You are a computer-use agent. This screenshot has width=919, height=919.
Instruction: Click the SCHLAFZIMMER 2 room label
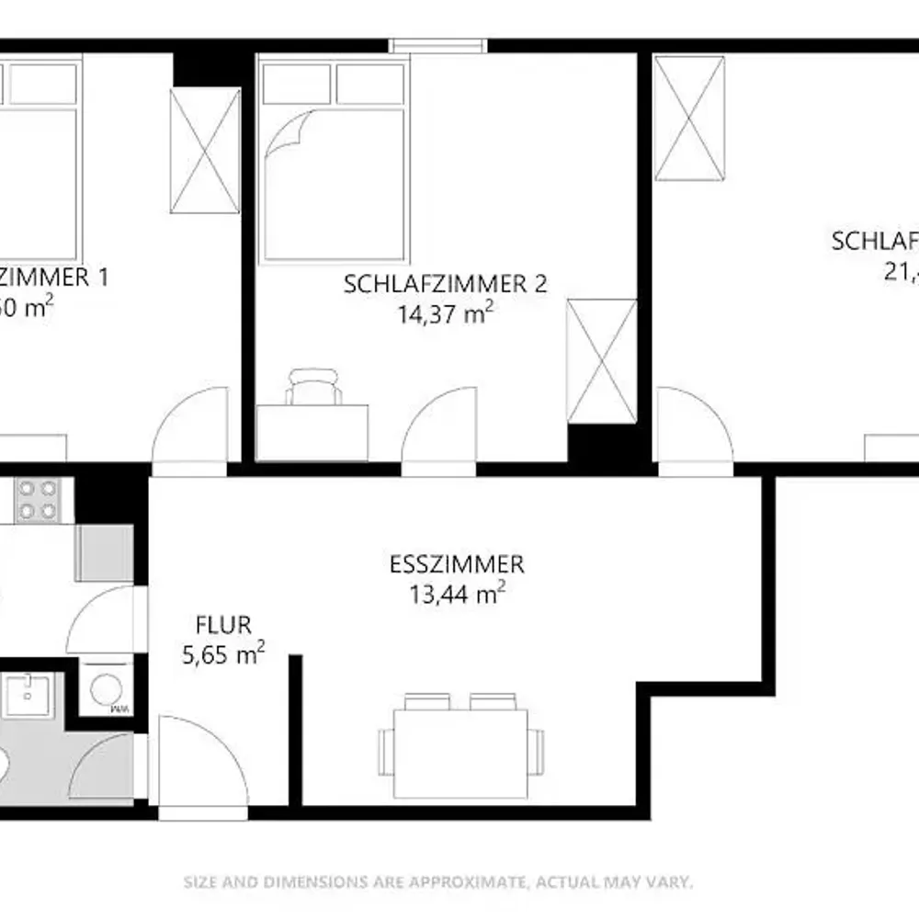tap(445, 284)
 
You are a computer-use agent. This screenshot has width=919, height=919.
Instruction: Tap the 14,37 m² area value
tap(445, 314)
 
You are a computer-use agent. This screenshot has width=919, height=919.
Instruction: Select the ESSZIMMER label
tap(457, 563)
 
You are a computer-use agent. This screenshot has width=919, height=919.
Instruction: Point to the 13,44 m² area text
tap(457, 595)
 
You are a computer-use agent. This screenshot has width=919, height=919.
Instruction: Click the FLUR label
tap(223, 627)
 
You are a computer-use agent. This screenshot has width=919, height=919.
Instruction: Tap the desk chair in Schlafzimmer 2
tap(314, 386)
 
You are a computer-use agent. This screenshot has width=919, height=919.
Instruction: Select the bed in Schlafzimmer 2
tap(333, 162)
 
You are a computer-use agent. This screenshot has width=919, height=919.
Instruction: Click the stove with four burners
tap(38, 500)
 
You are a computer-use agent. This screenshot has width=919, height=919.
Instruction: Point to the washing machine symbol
tap(107, 687)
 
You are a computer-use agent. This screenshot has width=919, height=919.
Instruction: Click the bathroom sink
tap(28, 695)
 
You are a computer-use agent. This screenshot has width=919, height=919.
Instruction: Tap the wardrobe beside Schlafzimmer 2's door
tap(602, 361)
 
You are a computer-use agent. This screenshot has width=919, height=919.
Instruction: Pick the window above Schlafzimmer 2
tap(437, 45)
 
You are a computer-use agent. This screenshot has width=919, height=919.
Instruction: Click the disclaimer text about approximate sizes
tap(437, 882)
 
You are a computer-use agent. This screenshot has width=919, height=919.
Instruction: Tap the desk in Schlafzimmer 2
tap(312, 432)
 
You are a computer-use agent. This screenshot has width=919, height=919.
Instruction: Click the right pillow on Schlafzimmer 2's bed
tap(370, 85)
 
